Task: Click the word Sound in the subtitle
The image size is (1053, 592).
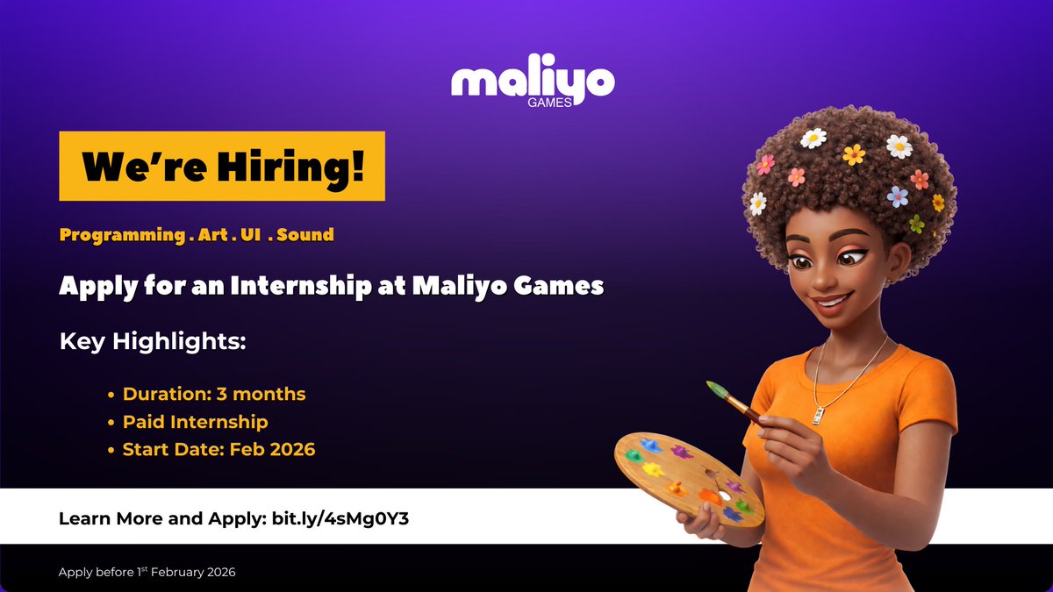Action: [305, 235]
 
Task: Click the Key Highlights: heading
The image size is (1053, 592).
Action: [153, 341]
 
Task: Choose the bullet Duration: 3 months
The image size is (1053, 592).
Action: [214, 394]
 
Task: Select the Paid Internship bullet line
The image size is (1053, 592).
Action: [195, 422]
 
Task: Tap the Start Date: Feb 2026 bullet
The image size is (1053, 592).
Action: [218, 450]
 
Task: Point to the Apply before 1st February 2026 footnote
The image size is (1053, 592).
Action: [147, 572]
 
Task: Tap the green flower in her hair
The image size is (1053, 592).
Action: [917, 224]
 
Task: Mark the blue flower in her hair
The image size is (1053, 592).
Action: [897, 196]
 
